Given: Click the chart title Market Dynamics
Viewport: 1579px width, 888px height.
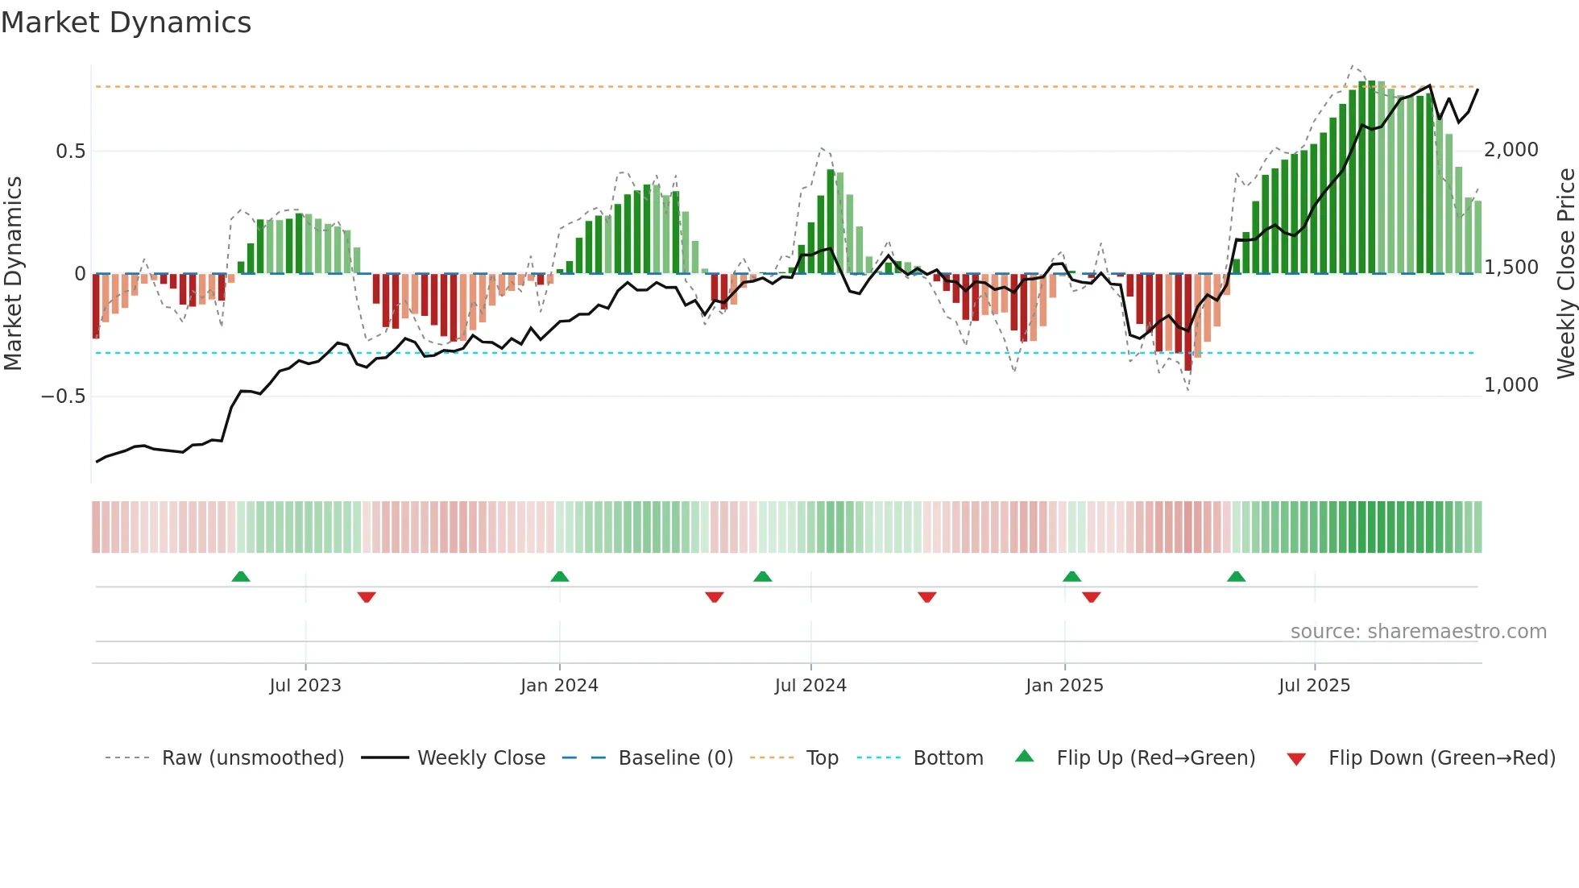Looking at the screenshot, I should coord(126,23).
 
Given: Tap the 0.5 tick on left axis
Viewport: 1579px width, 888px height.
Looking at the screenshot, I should coord(70,151).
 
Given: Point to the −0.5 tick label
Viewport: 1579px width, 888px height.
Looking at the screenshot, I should coord(63,396).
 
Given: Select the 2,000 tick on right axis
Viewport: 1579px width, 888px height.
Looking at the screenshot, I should coord(1511,150).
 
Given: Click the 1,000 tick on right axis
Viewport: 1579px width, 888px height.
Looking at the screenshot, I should coord(1511,385).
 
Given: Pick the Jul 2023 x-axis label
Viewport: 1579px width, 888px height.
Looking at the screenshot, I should coord(305,686).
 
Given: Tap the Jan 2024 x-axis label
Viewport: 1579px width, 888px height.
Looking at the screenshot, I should coord(559,686).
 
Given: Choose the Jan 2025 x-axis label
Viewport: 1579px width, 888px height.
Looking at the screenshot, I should coord(1064,686).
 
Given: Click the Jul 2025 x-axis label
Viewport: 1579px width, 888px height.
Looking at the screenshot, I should coord(1314,686).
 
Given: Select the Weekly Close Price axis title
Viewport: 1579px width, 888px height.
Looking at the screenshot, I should coord(1565,274).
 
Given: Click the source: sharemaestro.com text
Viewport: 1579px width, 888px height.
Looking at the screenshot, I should coord(1418,632).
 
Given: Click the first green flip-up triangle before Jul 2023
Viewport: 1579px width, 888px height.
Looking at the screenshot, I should coord(241,576).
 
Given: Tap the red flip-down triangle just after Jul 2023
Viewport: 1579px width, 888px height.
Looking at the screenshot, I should coord(367,597).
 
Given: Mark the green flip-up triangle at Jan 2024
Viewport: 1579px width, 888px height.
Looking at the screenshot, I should coord(560,576).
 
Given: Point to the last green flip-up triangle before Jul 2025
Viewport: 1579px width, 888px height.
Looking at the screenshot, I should coord(1236,576).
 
